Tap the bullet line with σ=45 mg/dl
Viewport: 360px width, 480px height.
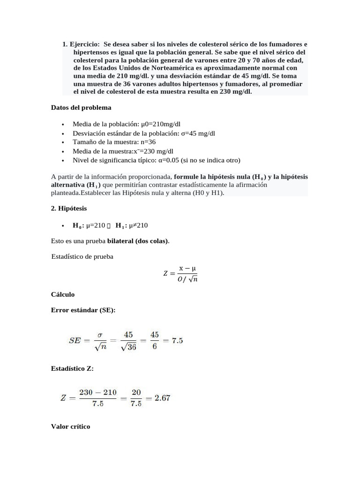point(143,133)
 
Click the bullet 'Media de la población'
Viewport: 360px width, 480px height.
point(127,124)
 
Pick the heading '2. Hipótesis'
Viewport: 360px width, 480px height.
point(68,208)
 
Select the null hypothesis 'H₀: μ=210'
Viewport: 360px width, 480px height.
point(89,225)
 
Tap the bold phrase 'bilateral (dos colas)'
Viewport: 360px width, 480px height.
point(138,241)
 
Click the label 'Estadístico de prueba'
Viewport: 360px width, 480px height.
point(82,256)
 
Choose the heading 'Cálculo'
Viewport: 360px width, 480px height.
point(63,294)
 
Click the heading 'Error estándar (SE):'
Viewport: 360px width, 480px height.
point(83,311)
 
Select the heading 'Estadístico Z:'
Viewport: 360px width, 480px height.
point(72,368)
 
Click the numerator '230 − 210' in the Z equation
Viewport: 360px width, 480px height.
point(98,392)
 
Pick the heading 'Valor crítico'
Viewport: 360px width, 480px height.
point(70,427)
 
